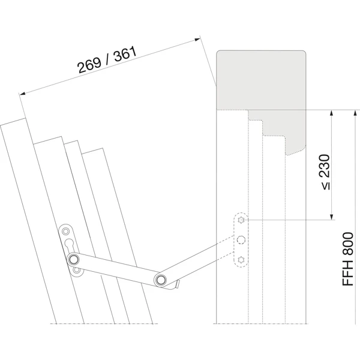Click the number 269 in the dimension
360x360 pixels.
pos(89,65)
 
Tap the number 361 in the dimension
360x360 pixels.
pos(125,54)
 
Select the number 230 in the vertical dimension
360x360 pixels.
pos(325,166)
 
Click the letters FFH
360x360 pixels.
pos(348,272)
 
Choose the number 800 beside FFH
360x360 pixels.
pos(348,244)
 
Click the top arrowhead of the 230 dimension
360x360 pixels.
pos(331,113)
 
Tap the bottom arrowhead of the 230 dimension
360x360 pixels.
pos(331,217)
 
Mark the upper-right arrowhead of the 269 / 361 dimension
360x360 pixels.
pos(197,40)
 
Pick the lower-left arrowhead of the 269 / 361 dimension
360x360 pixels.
pos(22,93)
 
